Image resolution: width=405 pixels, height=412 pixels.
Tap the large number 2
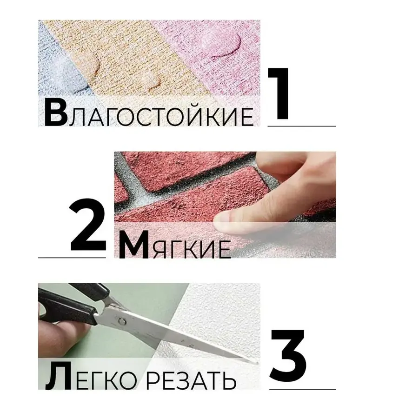click(x=88, y=225)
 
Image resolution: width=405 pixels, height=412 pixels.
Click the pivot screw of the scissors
click(x=122, y=321)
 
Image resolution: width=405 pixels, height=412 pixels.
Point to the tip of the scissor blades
click(x=257, y=363)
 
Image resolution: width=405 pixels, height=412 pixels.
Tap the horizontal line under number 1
click(x=302, y=126)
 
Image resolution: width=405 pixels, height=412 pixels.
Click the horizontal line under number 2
click(x=72, y=258)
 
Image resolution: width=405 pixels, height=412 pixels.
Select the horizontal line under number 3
click(x=303, y=389)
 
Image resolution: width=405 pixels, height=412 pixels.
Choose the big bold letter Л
click(x=58, y=376)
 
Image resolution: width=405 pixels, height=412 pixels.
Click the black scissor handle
click(x=69, y=305)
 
